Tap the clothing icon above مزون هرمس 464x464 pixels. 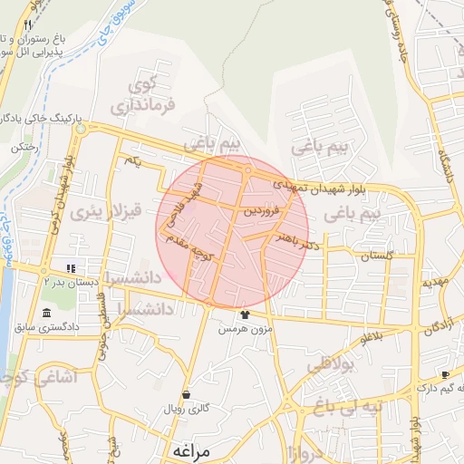coord(244,314)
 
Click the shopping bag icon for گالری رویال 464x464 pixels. coord(186,395)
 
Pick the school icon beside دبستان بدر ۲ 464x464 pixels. coord(70,267)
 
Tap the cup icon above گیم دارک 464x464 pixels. coord(444,374)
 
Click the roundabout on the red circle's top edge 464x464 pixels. coord(246,170)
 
